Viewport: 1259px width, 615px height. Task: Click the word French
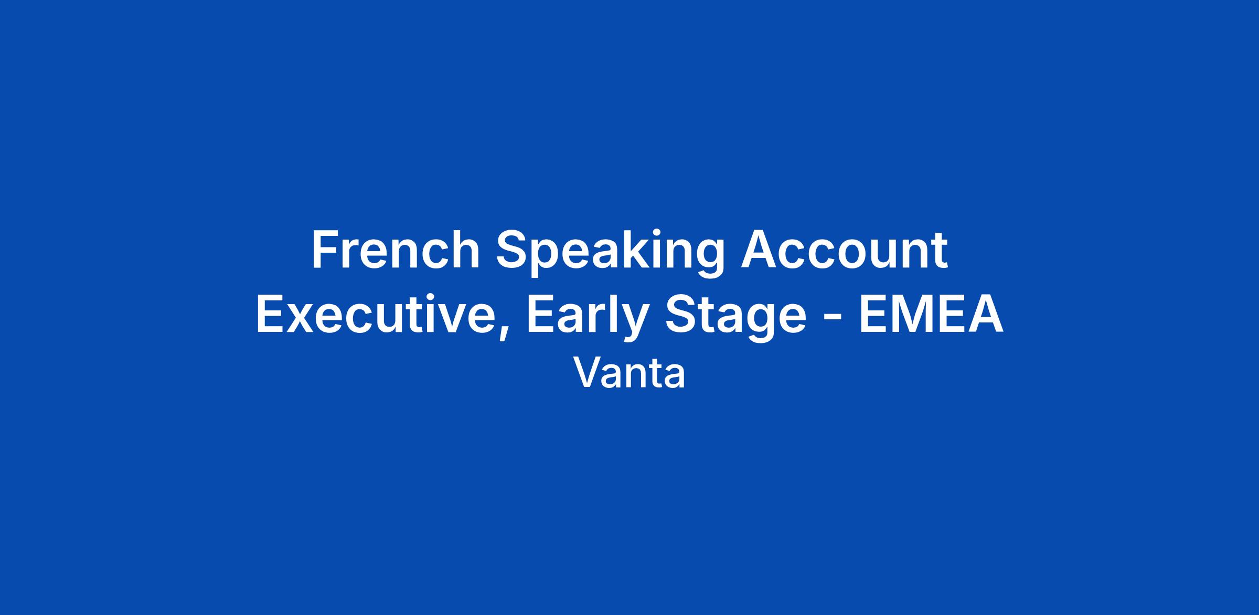point(396,250)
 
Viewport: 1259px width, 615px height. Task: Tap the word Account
point(845,250)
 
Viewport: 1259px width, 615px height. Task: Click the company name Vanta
point(629,373)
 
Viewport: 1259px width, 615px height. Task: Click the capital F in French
point(325,250)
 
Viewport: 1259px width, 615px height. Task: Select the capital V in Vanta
point(588,373)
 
